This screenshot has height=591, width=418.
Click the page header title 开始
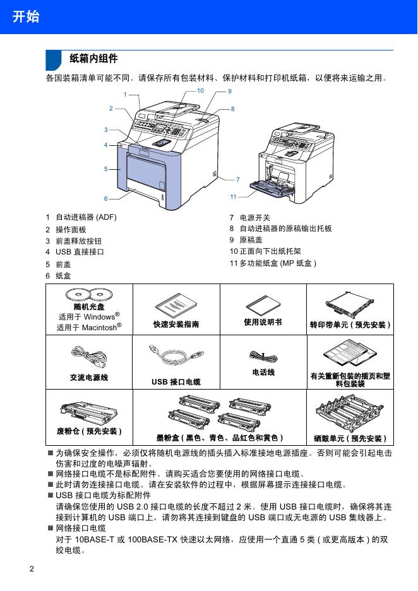click(x=26, y=16)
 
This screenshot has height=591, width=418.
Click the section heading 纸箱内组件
click(x=93, y=59)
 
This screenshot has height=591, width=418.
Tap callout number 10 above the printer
click(x=200, y=90)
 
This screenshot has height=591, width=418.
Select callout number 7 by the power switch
click(x=238, y=179)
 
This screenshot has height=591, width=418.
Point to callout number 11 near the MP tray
click(x=234, y=197)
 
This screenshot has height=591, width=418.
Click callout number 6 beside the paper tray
click(x=106, y=199)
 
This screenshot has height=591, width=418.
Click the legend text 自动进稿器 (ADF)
click(x=87, y=217)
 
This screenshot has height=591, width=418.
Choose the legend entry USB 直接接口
click(x=80, y=252)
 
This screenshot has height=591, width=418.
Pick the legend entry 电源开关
click(x=255, y=217)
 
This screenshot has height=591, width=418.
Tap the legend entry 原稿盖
click(x=251, y=240)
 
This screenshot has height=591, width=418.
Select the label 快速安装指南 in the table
click(x=176, y=324)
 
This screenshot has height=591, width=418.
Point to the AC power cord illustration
click(x=89, y=357)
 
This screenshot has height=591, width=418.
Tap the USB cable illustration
click(x=176, y=355)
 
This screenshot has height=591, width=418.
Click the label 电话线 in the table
click(x=263, y=373)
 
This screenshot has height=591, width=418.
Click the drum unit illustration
click(x=350, y=414)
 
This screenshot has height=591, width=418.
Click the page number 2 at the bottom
click(x=32, y=569)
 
